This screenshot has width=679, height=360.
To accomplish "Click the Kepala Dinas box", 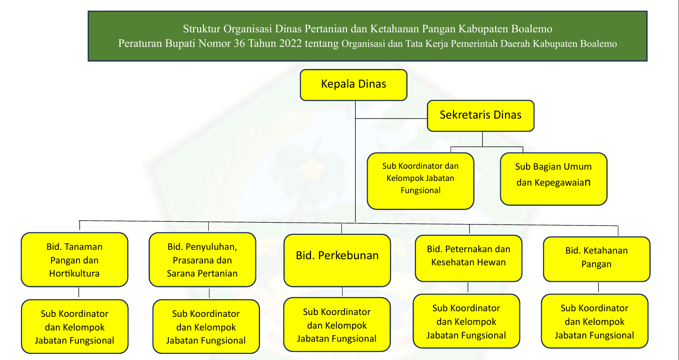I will [x=354, y=85].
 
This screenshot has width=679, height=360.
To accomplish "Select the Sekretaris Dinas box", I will [x=481, y=115].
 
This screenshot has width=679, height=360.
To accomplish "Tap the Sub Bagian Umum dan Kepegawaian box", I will [x=553, y=179].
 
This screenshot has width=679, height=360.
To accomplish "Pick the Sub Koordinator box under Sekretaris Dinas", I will [x=420, y=180].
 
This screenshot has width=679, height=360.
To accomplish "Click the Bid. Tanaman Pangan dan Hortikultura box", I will [x=74, y=260].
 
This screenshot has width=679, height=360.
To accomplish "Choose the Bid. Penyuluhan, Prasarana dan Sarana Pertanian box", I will [x=202, y=260].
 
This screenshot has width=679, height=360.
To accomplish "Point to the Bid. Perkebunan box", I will [x=337, y=260].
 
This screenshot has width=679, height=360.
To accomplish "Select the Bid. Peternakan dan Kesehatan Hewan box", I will [x=468, y=258].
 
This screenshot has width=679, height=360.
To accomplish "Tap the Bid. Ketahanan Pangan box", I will [x=596, y=259].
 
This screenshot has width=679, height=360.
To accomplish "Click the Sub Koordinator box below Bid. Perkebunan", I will [x=337, y=324].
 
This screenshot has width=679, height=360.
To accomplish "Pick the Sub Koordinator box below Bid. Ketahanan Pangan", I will [x=595, y=321].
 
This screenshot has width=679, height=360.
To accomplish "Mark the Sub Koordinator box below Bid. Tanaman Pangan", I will [x=74, y=326].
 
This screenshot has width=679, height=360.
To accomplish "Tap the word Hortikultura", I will [x=74, y=273].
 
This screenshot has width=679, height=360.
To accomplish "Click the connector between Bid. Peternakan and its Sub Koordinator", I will [x=468, y=288].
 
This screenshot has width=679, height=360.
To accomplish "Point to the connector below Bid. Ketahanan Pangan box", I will [x=598, y=288].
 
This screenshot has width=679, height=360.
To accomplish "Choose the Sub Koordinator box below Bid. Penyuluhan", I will [x=206, y=327].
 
